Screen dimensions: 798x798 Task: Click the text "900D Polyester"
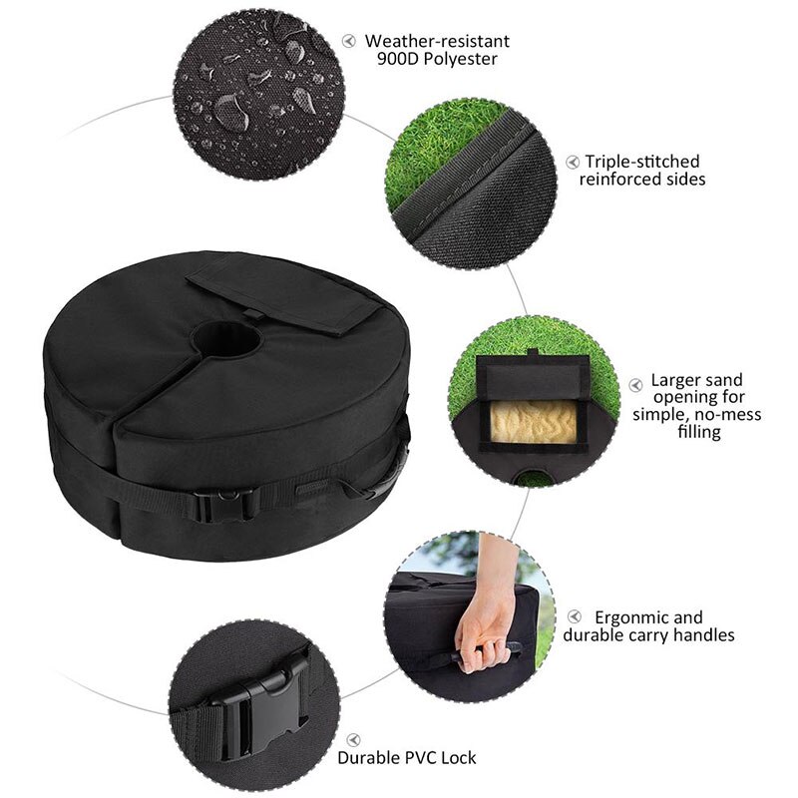click(437, 60)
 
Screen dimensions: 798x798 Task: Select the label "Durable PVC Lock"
click(406, 757)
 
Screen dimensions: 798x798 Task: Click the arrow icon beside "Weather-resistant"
click(349, 41)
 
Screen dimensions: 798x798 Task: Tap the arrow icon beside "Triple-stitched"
click(572, 161)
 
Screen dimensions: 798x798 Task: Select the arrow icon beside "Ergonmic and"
click(576, 617)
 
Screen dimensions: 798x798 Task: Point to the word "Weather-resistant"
click(437, 41)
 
